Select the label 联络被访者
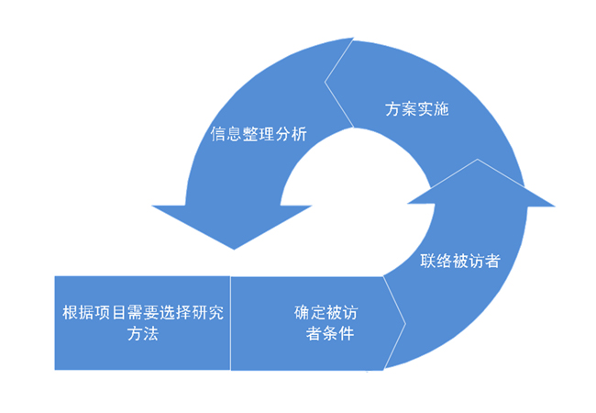pos(459,260)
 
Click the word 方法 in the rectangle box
pos(142,334)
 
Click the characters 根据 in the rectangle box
pos(75,312)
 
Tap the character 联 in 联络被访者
pos(427,260)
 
